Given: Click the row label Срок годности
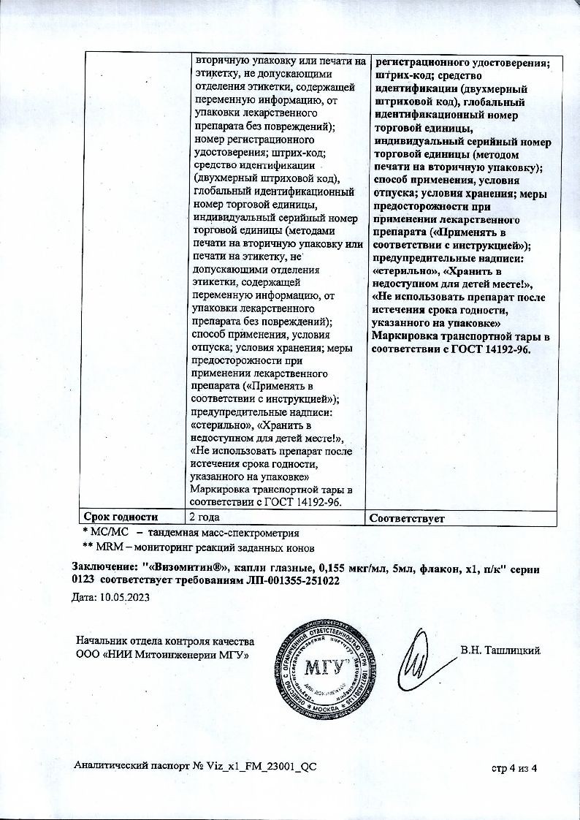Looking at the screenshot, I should point(118,518).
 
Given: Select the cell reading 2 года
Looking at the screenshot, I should point(205,518).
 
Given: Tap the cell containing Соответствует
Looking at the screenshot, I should point(408,518).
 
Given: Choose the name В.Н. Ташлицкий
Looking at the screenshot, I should point(500,650).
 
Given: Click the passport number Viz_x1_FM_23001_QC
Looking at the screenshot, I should point(263,766).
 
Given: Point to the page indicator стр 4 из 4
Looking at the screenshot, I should point(514,767).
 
